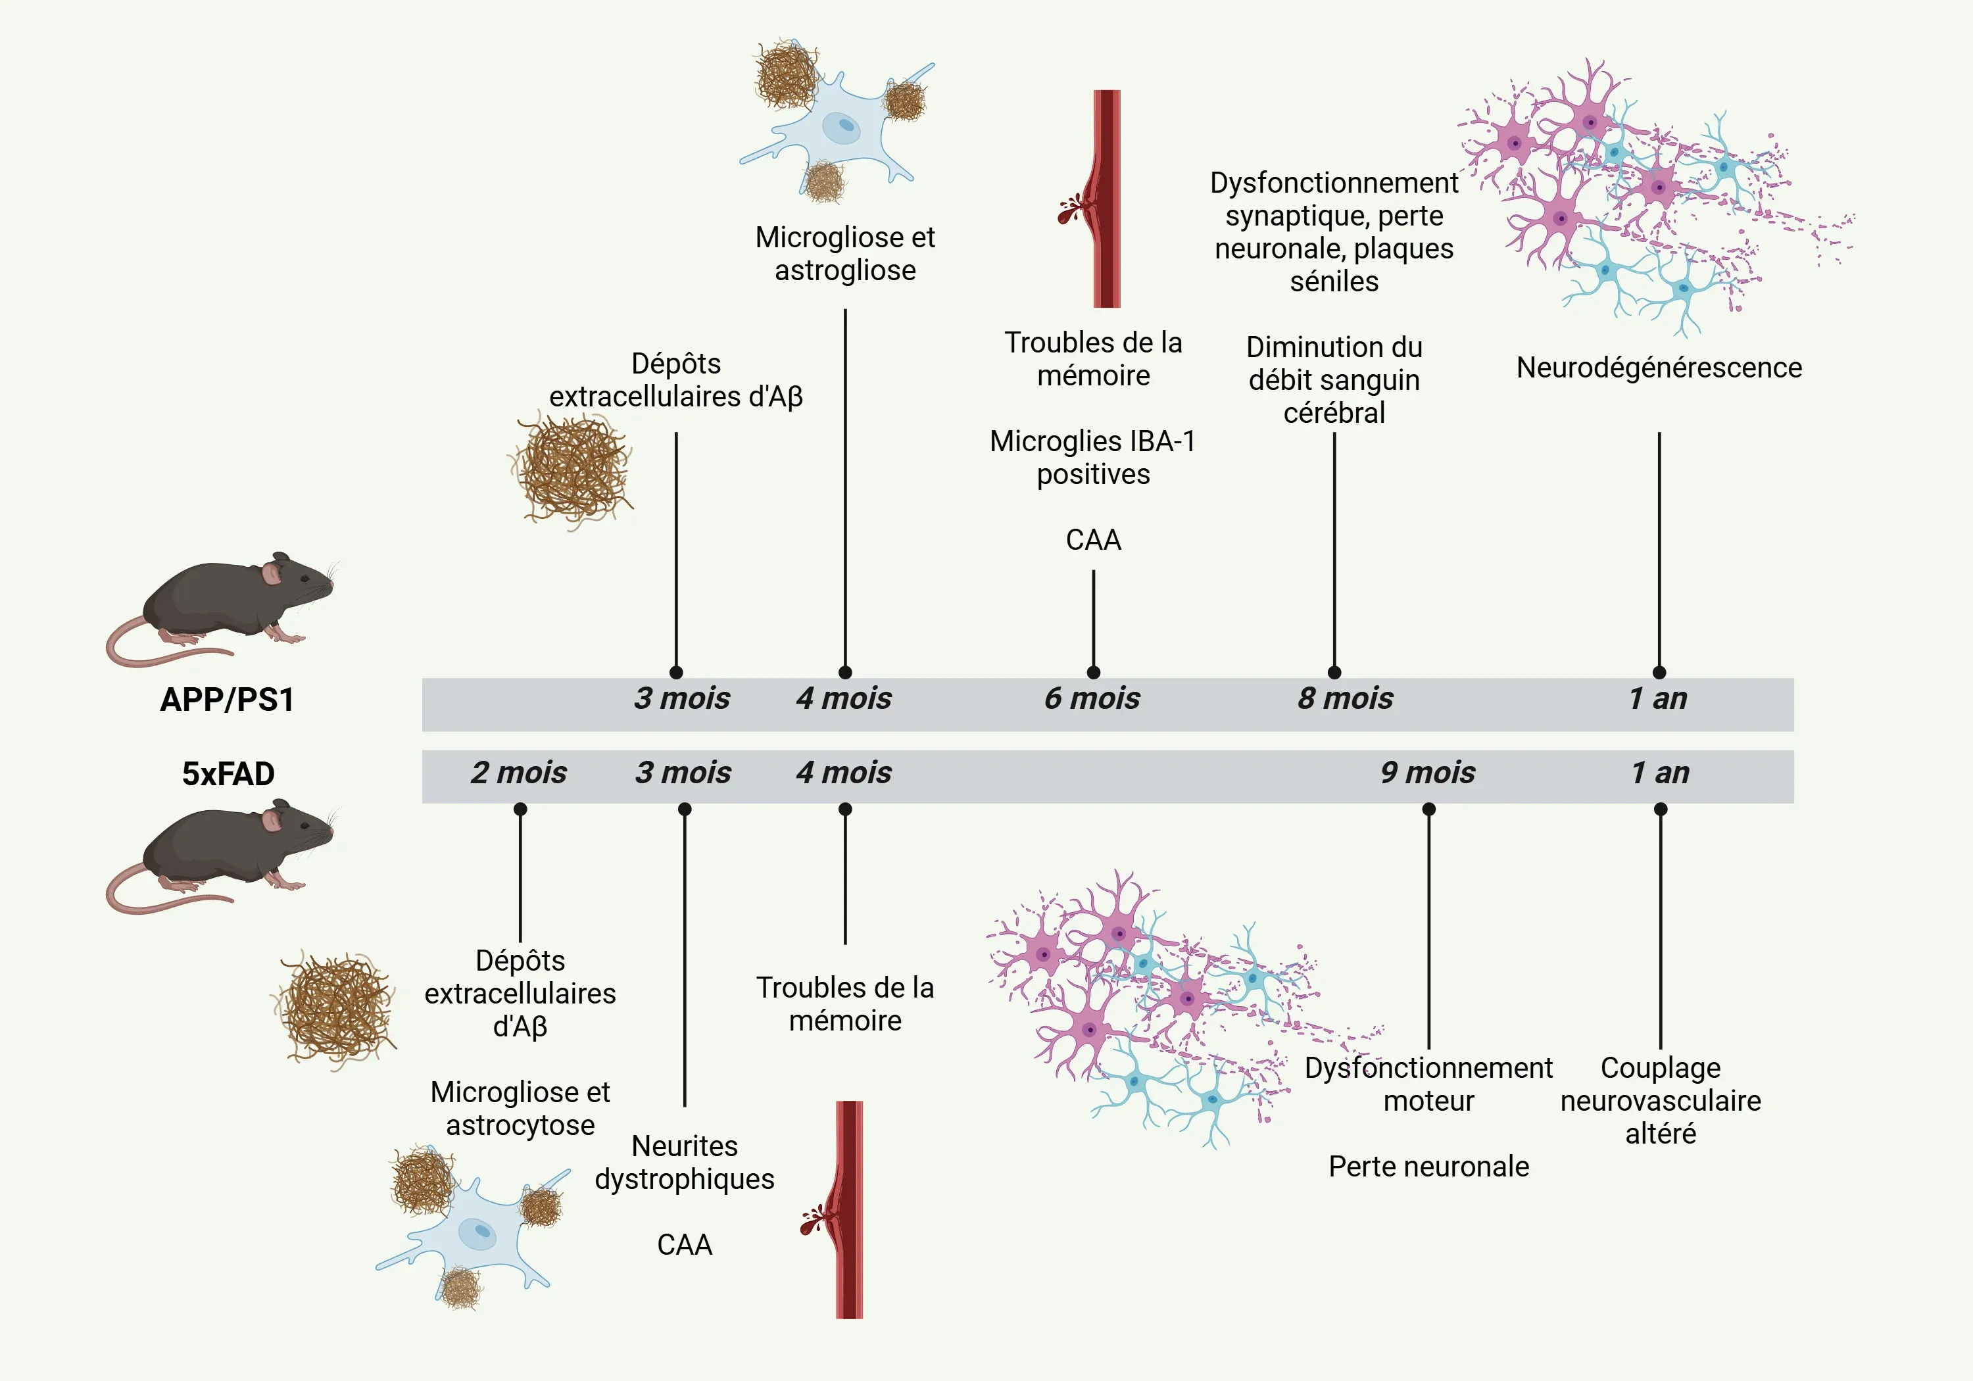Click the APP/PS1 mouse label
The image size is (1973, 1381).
pos(227,700)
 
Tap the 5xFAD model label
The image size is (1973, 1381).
pos(228,773)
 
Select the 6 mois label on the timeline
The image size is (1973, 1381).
pos(1092,698)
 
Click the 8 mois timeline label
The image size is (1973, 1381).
pos(1345,698)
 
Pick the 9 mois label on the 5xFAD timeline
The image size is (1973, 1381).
pos(1427,773)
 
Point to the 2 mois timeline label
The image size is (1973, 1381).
pos(518,773)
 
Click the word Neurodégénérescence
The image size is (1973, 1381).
pos(1659,368)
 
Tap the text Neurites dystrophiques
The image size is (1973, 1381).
pos(684,1162)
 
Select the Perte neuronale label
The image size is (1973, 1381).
pos(1428,1166)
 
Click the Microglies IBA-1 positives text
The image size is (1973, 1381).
pos(1093,457)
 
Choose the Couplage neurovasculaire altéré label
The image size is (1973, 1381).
pos(1660,1100)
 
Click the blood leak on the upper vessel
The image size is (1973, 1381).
pos(1071,209)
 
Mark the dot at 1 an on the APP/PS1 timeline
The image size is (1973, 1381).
pos(1659,672)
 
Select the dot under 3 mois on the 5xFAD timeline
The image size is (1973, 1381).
pos(685,810)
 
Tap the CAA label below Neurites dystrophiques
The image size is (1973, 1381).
pos(684,1244)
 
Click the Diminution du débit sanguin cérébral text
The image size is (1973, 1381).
pos(1334,380)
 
